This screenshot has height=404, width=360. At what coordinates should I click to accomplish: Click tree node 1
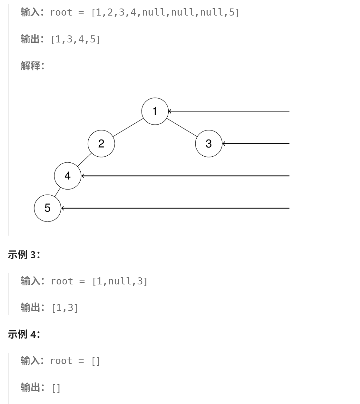[155, 111]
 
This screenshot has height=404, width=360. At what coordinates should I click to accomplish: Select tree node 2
[101, 144]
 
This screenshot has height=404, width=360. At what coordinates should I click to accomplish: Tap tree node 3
[209, 144]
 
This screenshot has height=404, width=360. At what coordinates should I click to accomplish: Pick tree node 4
[68, 176]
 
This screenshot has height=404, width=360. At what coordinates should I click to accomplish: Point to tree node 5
[47, 208]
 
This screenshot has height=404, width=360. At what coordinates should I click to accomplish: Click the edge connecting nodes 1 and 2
[128, 127]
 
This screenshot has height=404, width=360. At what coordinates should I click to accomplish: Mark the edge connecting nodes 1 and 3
[182, 127]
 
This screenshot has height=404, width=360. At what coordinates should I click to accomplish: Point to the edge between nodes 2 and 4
[85, 160]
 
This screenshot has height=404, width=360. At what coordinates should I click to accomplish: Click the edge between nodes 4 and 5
[58, 192]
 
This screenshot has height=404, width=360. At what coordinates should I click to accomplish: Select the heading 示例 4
[24, 334]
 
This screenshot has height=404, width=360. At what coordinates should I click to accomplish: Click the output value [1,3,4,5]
[76, 39]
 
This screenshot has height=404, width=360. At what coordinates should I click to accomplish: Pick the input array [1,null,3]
[120, 281]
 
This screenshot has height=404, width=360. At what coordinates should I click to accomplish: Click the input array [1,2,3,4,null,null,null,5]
[165, 13]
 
